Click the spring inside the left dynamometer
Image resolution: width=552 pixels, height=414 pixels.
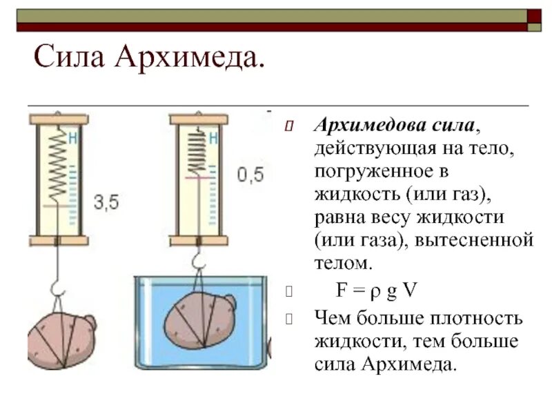pos(61,166)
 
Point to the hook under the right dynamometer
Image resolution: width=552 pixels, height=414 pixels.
pos(198,262)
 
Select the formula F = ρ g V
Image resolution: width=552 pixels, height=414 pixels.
pos(377,290)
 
